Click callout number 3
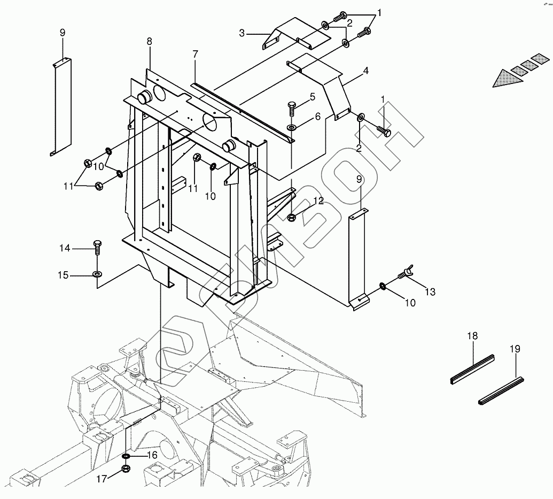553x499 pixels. pyautogui.click(x=242, y=33)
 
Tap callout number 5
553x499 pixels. pyautogui.click(x=312, y=97)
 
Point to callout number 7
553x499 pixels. pyautogui.click(x=196, y=54)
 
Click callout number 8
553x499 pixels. pyautogui.click(x=149, y=41)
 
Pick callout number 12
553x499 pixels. pyautogui.click(x=318, y=201)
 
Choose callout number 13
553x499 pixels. pyautogui.click(x=430, y=291)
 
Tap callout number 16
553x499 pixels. pyautogui.click(x=152, y=455)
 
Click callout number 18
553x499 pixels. pyautogui.click(x=472, y=336)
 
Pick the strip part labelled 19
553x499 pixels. pyautogui.click(x=501, y=390)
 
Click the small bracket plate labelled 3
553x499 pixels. pyautogui.click(x=297, y=33)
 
